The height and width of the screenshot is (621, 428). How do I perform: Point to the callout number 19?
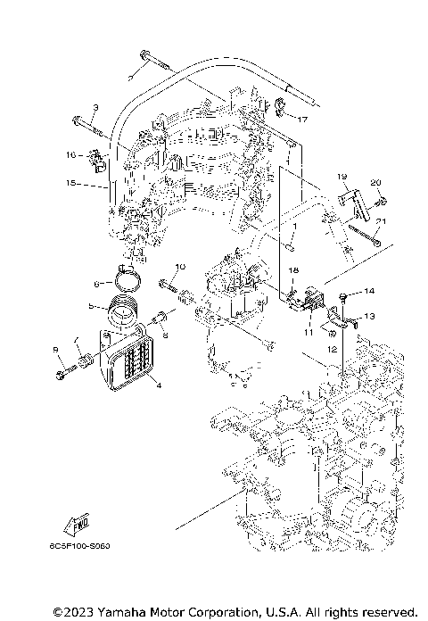click(x=341, y=177)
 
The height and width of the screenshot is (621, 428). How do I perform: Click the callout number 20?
click(x=375, y=183)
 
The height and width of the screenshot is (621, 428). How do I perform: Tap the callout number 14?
click(x=369, y=292)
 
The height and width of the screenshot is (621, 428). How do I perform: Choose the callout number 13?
click(x=369, y=316)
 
